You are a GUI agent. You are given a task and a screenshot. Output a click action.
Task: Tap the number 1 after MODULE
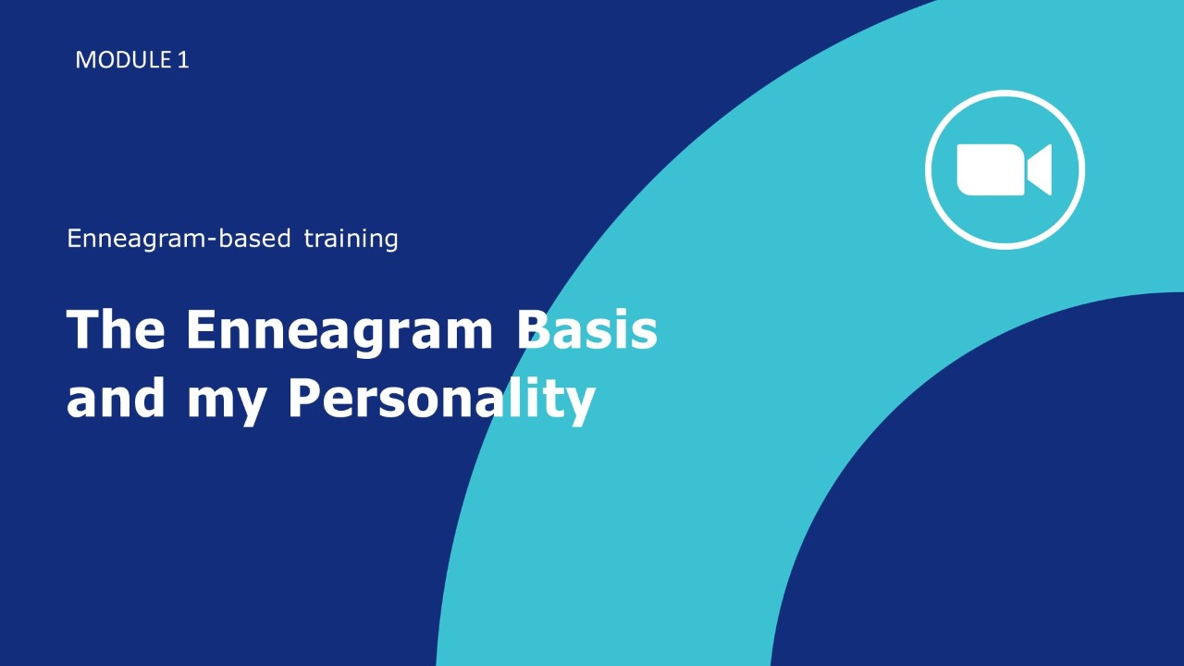[183, 60]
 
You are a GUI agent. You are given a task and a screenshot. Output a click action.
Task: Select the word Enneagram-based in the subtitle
[179, 239]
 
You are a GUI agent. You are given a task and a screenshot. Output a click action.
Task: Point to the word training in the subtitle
[351, 239]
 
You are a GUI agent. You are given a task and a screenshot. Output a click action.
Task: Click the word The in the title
[116, 328]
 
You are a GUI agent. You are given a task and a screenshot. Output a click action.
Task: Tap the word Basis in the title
[587, 328]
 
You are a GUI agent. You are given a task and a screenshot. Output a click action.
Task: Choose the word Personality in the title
[442, 401]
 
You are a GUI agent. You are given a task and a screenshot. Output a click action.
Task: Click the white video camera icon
[1005, 169]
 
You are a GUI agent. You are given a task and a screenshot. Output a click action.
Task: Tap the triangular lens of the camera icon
[1039, 169]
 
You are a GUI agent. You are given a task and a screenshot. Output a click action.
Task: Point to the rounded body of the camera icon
[991, 169]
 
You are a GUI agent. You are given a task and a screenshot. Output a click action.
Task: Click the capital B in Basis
[534, 328]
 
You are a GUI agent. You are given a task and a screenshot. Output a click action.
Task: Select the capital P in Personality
[305, 398]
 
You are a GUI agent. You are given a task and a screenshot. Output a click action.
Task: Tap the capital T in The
[84, 328]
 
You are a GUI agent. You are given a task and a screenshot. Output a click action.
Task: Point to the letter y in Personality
[578, 407]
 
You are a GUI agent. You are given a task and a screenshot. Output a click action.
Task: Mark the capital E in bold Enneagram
[203, 328]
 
